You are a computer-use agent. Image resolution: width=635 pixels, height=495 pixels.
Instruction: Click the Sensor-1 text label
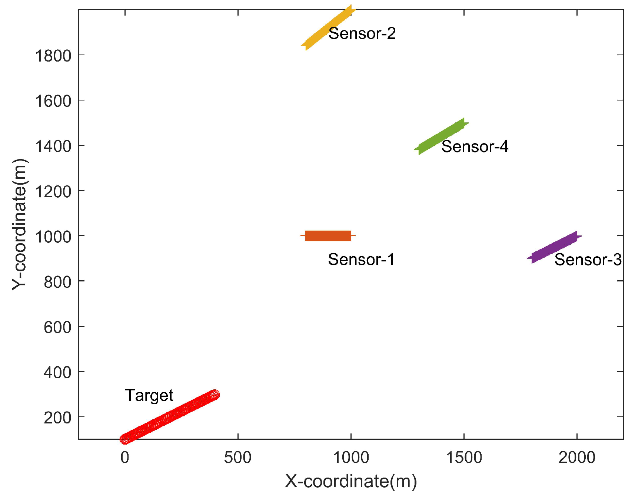(361, 259)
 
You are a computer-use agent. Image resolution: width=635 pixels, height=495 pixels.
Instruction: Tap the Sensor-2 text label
(362, 33)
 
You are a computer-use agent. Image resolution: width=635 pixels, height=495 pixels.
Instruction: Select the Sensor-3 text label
(588, 260)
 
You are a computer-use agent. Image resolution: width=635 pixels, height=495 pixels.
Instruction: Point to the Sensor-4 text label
(475, 146)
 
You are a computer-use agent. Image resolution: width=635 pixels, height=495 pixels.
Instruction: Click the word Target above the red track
(149, 395)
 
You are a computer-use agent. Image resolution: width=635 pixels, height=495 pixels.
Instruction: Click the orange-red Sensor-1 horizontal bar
(328, 236)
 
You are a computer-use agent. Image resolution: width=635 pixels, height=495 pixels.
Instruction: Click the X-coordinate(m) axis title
(351, 481)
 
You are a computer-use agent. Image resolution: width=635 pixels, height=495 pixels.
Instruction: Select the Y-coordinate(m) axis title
(19, 224)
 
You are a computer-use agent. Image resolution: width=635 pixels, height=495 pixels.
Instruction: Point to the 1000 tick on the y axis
(53, 237)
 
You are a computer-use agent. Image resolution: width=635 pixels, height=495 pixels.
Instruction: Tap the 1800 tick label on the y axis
(53, 56)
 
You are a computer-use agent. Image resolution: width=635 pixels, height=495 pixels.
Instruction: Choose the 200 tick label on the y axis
(57, 418)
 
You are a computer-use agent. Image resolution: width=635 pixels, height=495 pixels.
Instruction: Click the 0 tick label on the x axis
(125, 458)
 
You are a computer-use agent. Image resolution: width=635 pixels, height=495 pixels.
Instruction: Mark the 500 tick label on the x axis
(237, 458)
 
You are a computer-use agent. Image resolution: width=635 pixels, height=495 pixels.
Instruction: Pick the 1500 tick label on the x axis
(464, 458)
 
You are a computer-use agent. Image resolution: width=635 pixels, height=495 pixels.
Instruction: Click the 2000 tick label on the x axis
(577, 458)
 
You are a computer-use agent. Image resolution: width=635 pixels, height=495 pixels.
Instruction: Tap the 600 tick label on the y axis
(57, 327)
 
